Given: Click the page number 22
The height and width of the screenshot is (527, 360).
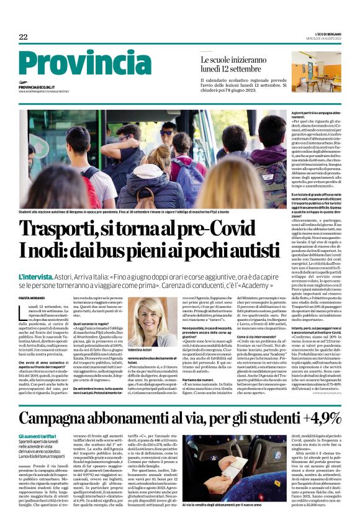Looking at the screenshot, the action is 23,37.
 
